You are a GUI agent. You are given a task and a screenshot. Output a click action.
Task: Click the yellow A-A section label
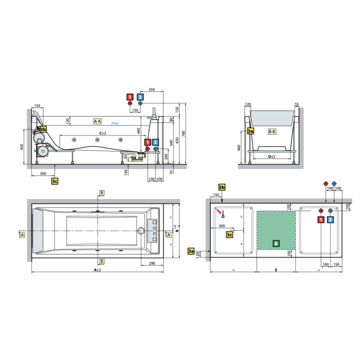click(97, 121)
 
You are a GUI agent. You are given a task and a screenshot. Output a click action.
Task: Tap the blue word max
click(115, 123)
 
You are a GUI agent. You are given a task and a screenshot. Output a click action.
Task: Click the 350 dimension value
click(151, 90)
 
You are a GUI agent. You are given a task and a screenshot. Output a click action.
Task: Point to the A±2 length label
click(97, 270)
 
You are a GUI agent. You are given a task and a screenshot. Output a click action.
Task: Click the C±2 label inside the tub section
click(102, 132)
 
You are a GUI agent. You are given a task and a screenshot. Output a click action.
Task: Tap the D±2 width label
click(272, 157)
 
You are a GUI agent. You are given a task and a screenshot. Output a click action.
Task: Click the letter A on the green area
click(275, 243)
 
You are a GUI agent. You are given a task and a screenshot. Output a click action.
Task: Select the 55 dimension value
click(297, 105)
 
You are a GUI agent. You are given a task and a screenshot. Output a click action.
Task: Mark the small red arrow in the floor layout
click(220, 211)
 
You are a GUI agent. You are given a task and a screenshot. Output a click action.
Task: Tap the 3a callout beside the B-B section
click(251, 131)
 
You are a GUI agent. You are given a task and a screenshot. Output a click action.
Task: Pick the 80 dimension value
click(170, 119)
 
